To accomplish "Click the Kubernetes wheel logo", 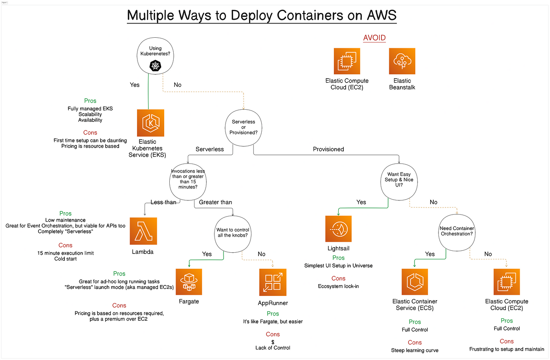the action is coord(155,66).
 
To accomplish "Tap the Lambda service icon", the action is coord(143,231).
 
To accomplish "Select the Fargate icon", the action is coord(189,282).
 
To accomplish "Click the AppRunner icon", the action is coord(273,282).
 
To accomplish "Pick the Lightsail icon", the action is coord(338,229).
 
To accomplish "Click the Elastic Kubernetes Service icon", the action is coord(150,123).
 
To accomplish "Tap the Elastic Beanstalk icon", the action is coord(402,61).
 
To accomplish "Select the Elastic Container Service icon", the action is coord(415,282).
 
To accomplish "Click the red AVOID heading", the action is coord(374,38).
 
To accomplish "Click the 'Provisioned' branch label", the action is coord(328,149).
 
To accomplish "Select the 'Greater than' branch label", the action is coord(215,202).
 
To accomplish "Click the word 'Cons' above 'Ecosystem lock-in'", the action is coord(338,278).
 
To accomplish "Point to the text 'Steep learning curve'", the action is coord(415,350).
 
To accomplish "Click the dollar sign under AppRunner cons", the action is coord(273,342).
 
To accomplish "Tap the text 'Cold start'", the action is coord(65,259).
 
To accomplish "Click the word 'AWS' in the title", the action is coord(381,15).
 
